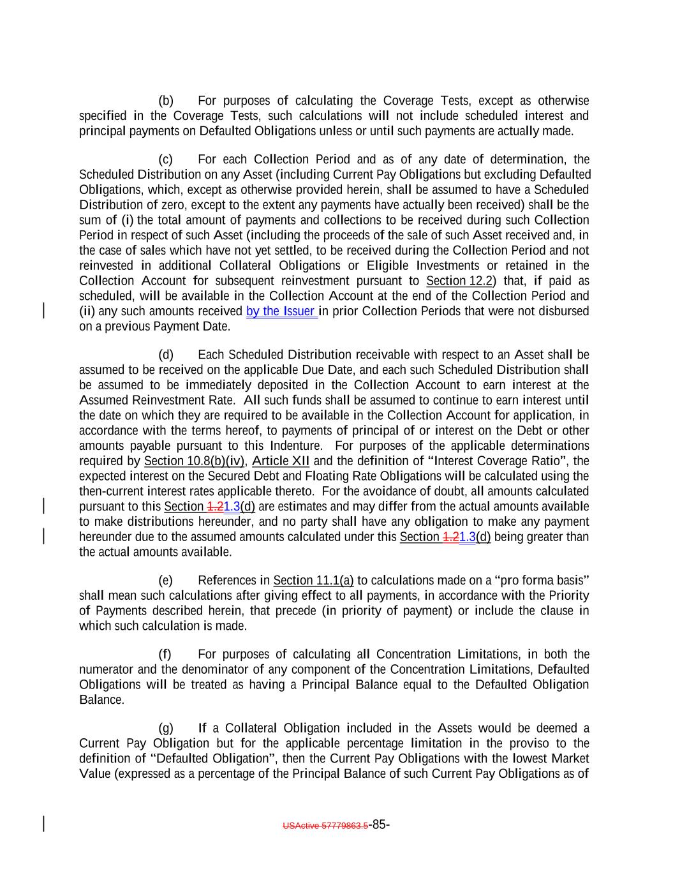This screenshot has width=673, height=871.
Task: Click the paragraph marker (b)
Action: (166, 101)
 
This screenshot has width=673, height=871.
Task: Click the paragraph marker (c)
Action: (166, 160)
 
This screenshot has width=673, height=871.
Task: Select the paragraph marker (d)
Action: (166, 355)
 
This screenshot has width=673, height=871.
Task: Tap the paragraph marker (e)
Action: (166, 581)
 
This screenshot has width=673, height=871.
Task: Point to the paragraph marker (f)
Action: (165, 655)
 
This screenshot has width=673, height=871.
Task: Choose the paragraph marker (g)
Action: (166, 729)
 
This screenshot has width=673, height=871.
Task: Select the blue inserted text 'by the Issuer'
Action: (281, 311)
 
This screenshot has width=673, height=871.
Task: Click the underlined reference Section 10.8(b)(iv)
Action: (195, 461)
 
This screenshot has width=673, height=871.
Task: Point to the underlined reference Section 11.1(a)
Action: (313, 581)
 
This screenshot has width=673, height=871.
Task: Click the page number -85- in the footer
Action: (380, 824)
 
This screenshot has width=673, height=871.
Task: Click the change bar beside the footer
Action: (43, 824)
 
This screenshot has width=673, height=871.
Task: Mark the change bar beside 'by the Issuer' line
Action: (43, 311)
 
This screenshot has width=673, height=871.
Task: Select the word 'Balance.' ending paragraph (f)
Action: (101, 700)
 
